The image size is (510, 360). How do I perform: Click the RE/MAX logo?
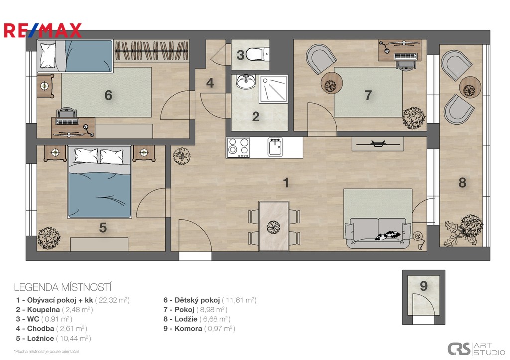[x=43, y=30]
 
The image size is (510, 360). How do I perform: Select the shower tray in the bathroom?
[x=273, y=89]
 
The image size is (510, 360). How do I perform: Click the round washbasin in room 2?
[x=246, y=81]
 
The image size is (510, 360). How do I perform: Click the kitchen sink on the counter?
[x=275, y=147]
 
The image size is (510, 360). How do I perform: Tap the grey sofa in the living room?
[x=378, y=233]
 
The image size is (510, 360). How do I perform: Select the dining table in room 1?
[x=274, y=226]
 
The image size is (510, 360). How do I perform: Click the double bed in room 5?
[x=100, y=182]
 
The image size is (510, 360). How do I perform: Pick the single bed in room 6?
[x=75, y=56]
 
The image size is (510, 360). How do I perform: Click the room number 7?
[x=368, y=95]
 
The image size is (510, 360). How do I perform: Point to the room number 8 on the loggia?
[x=462, y=183]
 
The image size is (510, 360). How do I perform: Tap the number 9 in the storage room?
[x=423, y=286]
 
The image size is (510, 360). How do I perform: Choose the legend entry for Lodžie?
[x=197, y=319]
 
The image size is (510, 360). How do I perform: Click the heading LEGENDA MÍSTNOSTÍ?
[x=63, y=287]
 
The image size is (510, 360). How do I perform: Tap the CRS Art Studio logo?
[x=476, y=349]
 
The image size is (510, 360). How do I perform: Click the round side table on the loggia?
[x=470, y=87]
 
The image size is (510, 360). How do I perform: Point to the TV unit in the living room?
[x=378, y=144]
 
